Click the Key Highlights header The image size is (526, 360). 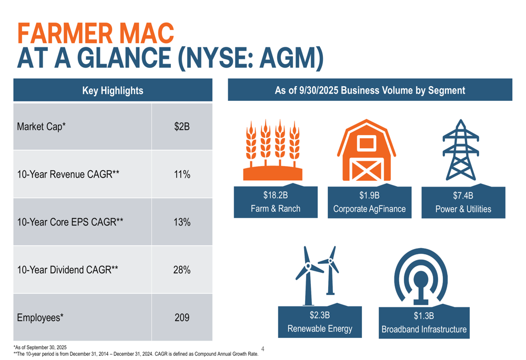113,90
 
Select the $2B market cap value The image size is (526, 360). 181,127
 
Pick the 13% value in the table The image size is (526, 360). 181,222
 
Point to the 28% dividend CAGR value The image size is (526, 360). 181,271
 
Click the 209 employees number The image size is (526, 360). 181,318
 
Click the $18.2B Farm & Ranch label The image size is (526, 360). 275,202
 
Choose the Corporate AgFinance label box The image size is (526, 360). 369,202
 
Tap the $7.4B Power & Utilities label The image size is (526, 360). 463,202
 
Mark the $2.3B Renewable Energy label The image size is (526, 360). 319,322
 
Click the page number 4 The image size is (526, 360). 262,348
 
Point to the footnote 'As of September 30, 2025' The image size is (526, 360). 41,347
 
